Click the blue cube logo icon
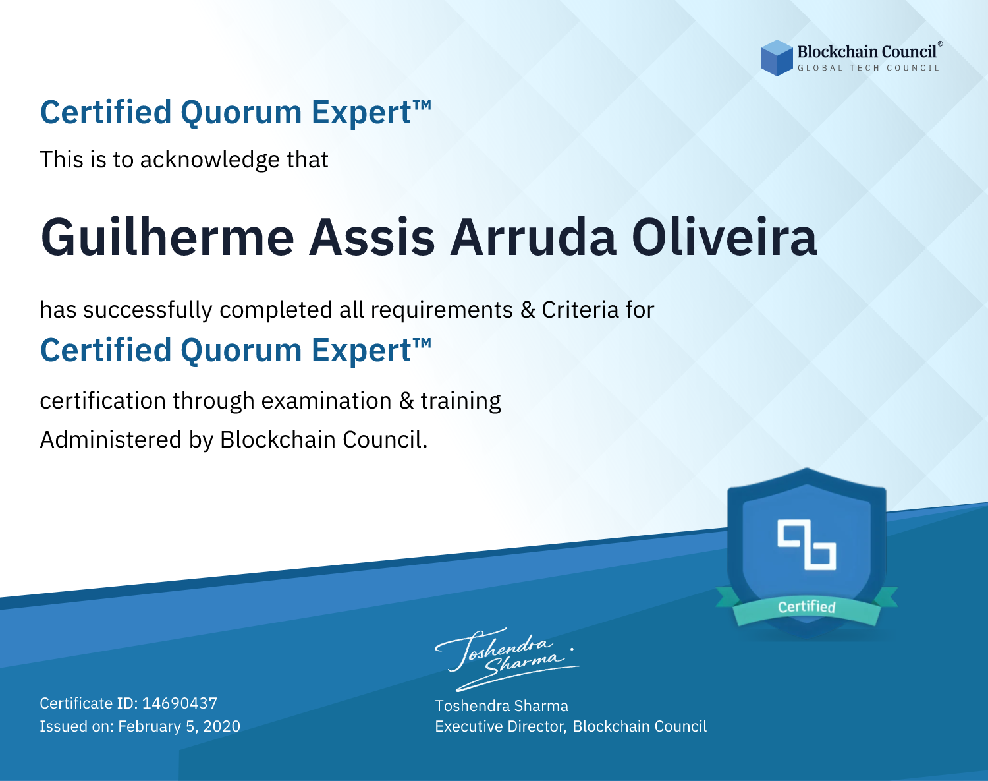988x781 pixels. (777, 58)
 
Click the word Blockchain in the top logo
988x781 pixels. (837, 52)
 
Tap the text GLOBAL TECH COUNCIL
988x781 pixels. (868, 68)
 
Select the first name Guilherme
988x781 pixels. (167, 238)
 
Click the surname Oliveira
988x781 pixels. (724, 237)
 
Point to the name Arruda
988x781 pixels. (533, 237)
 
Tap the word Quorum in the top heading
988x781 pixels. (241, 113)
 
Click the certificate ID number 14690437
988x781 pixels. (180, 703)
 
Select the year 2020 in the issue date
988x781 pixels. (222, 726)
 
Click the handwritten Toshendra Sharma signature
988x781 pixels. (507, 659)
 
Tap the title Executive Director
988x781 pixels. (501, 726)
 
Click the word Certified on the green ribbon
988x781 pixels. (806, 607)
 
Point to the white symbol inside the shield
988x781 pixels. (806, 545)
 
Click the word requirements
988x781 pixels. (442, 310)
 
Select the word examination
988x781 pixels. (327, 401)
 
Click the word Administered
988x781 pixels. (111, 440)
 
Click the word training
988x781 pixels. (461, 401)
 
